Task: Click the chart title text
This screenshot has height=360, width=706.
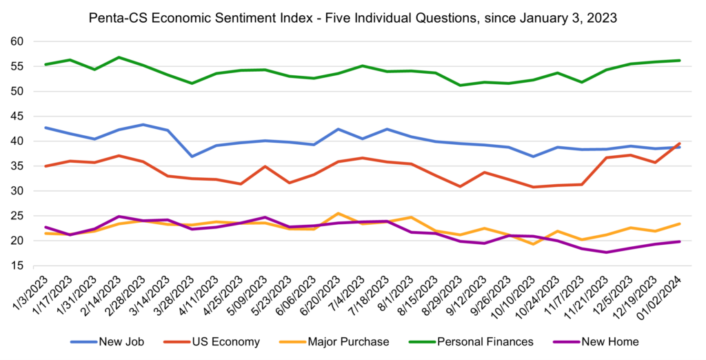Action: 353,16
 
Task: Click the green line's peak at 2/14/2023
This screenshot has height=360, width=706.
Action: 119,57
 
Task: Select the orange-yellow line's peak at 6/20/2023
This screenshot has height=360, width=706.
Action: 337,214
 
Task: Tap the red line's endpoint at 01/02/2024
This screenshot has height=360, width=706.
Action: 679,143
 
